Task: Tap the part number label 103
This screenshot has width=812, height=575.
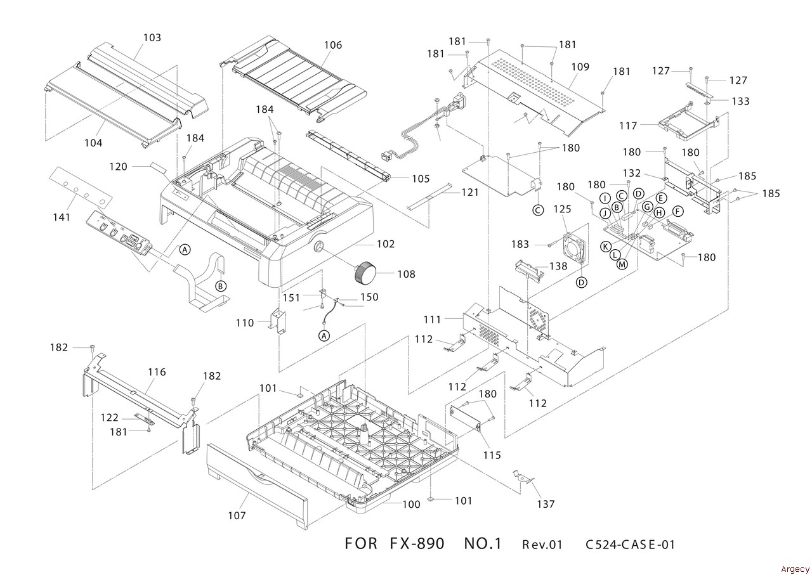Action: click(x=152, y=37)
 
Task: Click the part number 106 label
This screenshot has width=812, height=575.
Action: click(x=332, y=45)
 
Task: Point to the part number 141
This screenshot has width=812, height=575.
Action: click(x=61, y=217)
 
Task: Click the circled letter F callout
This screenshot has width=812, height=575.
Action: click(x=678, y=211)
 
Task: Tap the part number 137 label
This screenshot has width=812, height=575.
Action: click(x=546, y=504)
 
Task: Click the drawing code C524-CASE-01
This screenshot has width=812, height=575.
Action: click(x=630, y=545)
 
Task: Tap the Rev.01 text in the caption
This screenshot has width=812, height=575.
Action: click(x=542, y=545)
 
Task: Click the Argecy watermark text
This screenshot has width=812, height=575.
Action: click(x=795, y=569)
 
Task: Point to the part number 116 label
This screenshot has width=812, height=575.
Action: click(x=157, y=372)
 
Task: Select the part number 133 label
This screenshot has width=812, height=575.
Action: click(x=740, y=101)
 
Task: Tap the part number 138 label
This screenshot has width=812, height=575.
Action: click(x=558, y=266)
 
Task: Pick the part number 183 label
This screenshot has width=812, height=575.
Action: click(x=520, y=244)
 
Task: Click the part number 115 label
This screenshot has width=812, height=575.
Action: click(x=492, y=455)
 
